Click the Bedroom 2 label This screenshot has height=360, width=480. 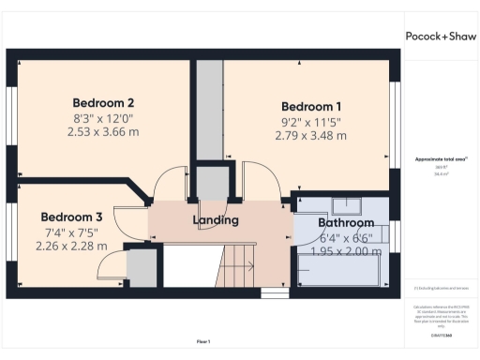(x=104, y=102)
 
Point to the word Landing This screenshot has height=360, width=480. (x=216, y=220)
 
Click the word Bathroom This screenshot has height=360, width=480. (x=346, y=223)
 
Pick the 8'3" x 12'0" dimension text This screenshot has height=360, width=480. (x=104, y=118)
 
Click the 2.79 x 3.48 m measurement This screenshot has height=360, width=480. (x=311, y=136)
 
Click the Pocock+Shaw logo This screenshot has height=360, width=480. (x=439, y=37)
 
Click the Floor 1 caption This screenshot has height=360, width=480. (x=203, y=341)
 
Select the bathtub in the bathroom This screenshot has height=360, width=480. (x=338, y=271)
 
